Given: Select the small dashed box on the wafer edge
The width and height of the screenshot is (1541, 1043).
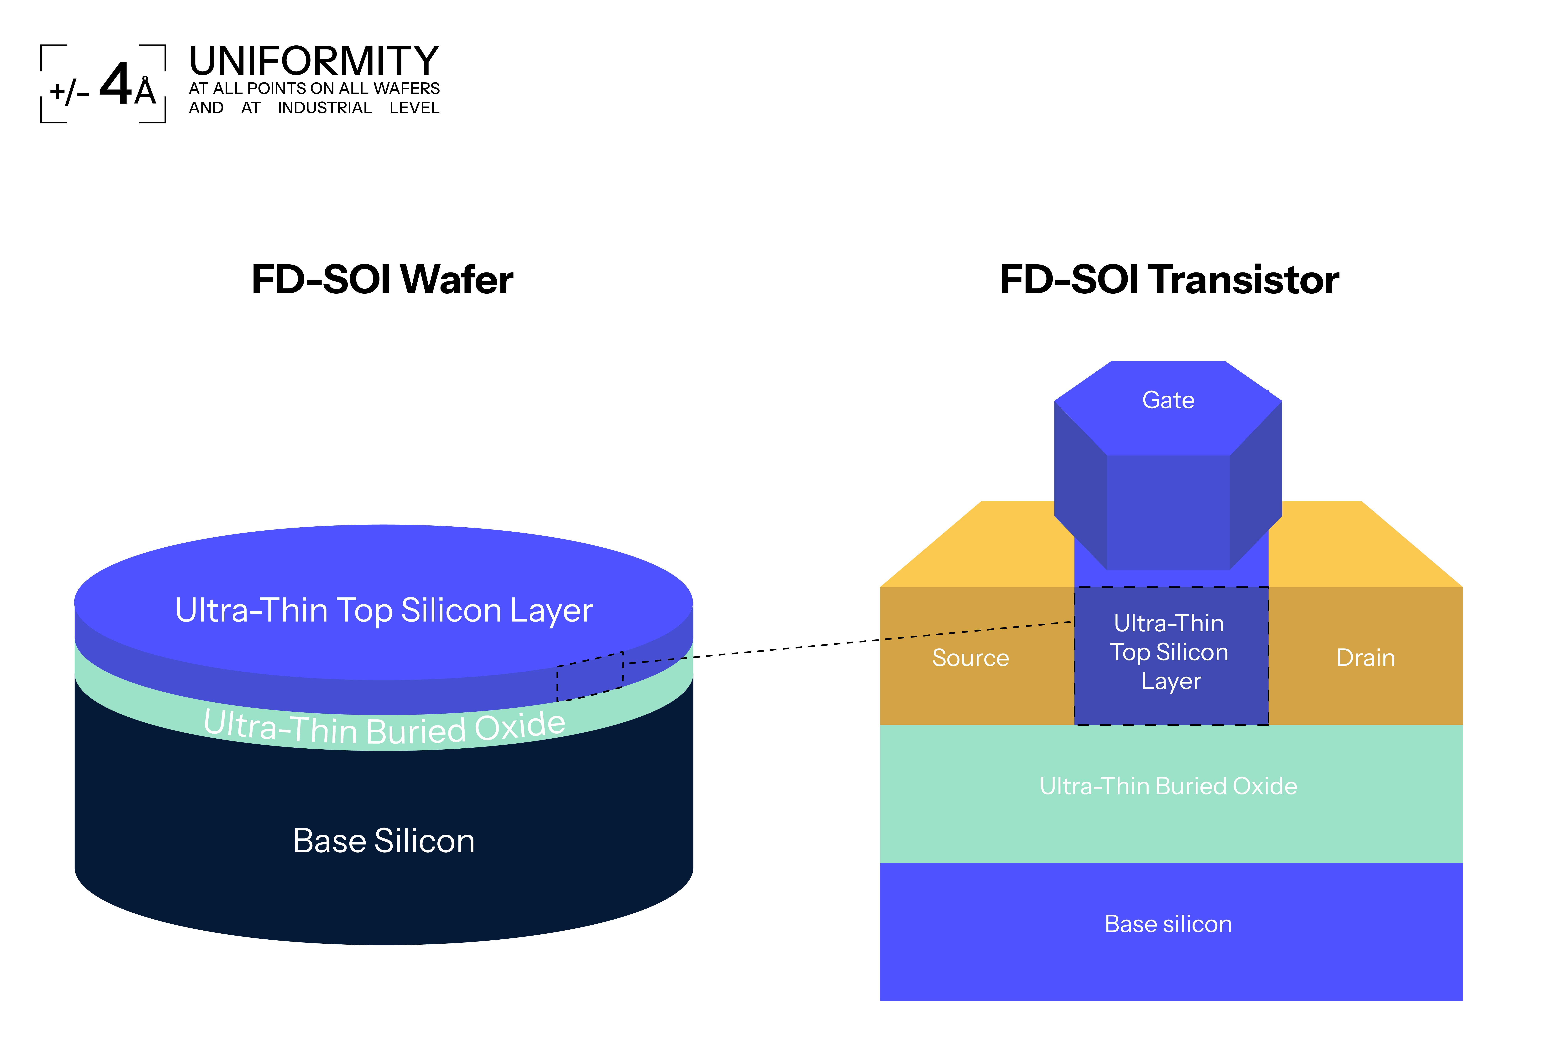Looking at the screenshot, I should (x=589, y=677).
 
